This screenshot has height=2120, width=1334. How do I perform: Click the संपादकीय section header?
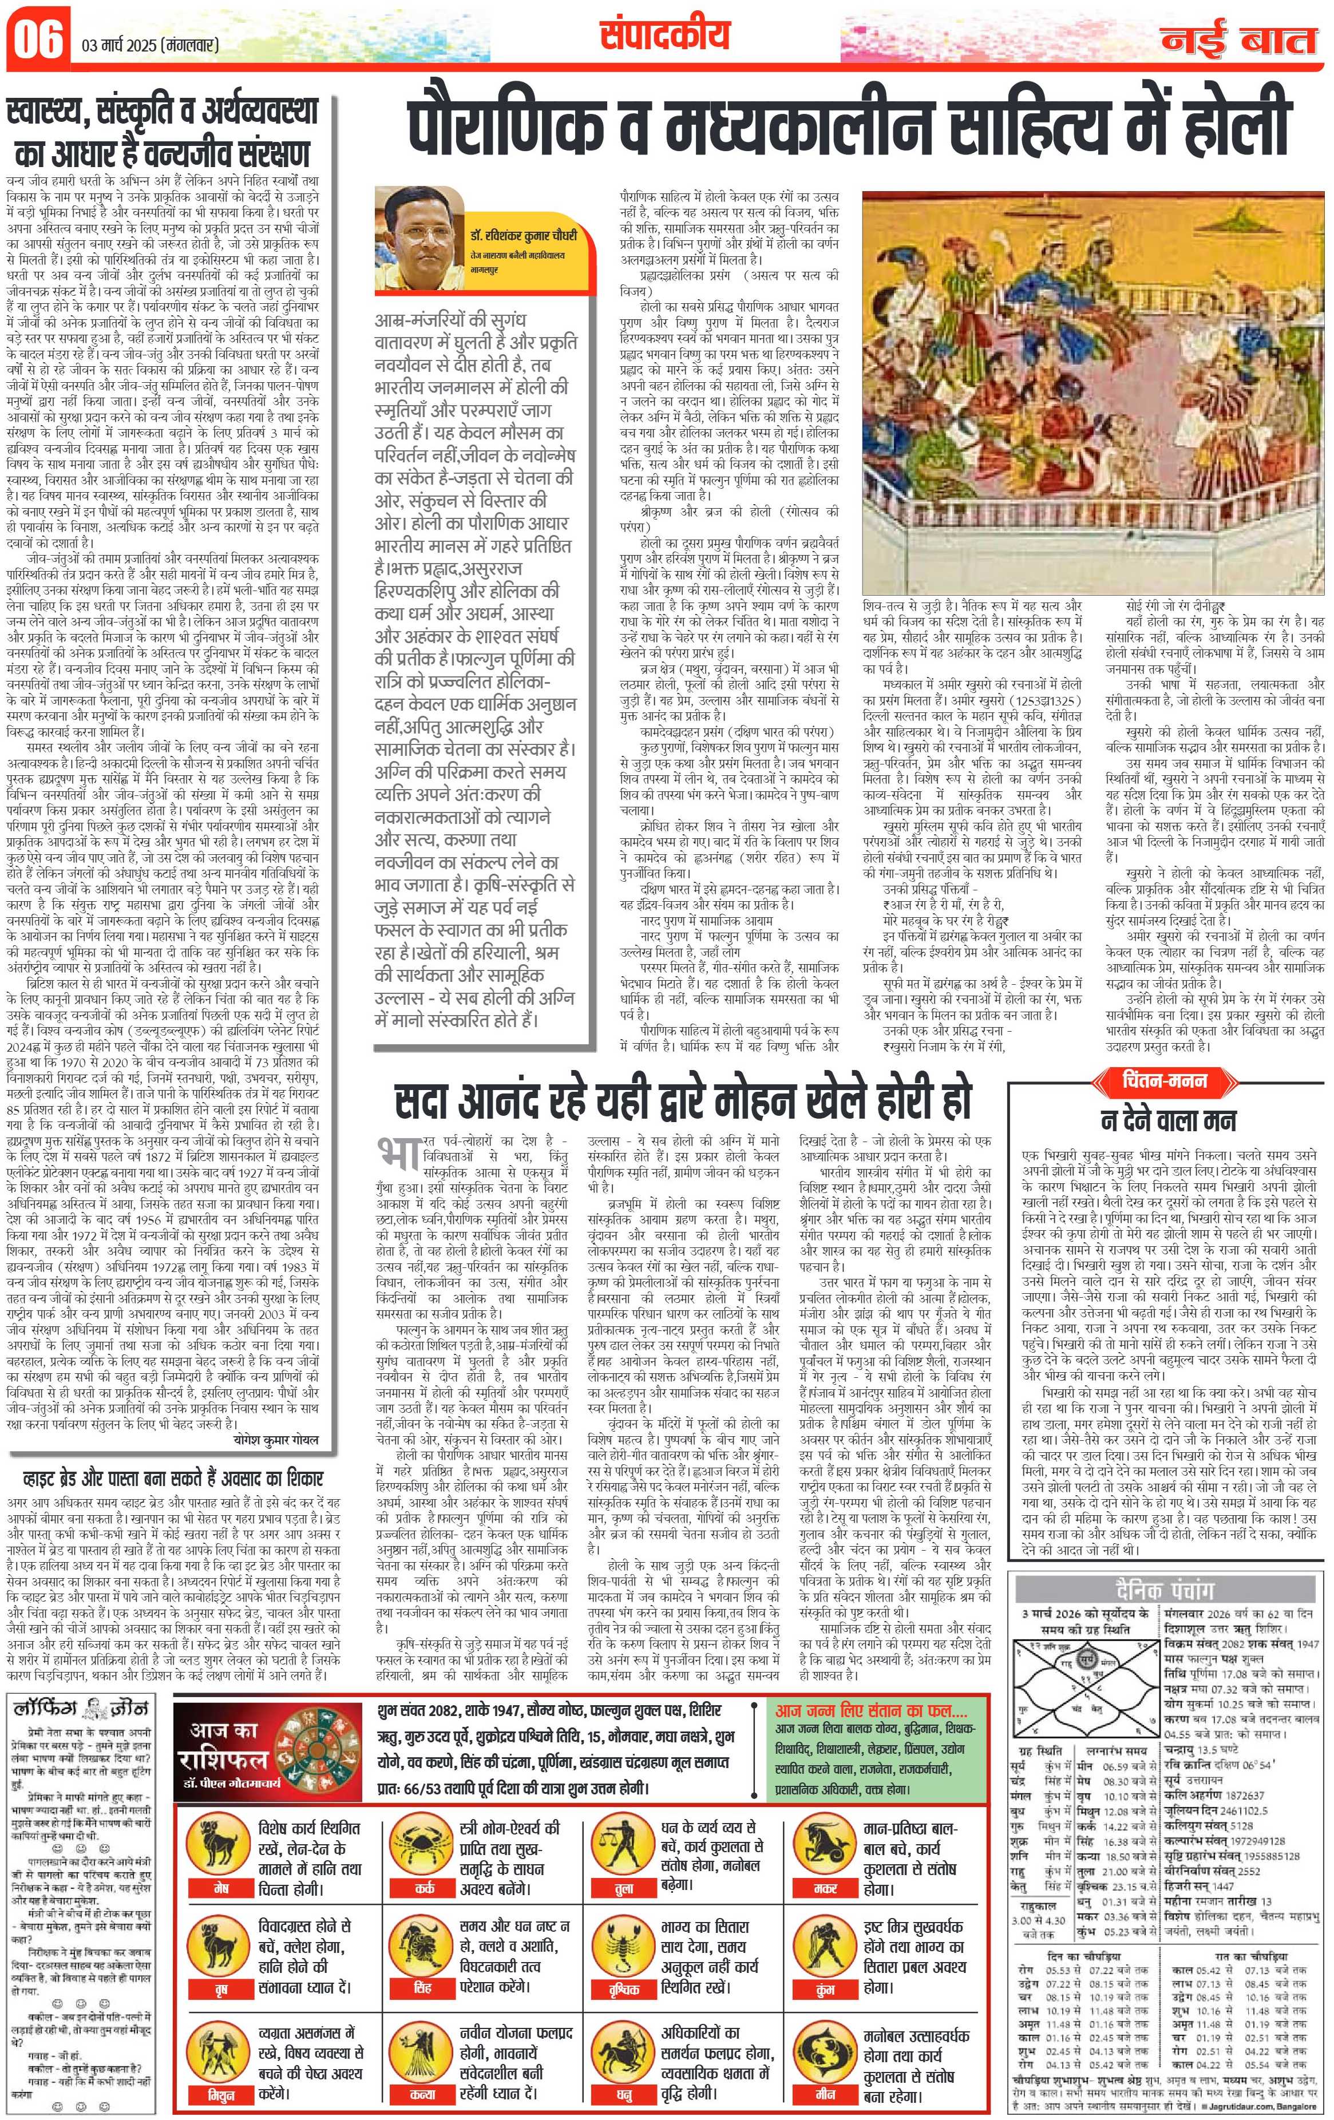667,35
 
